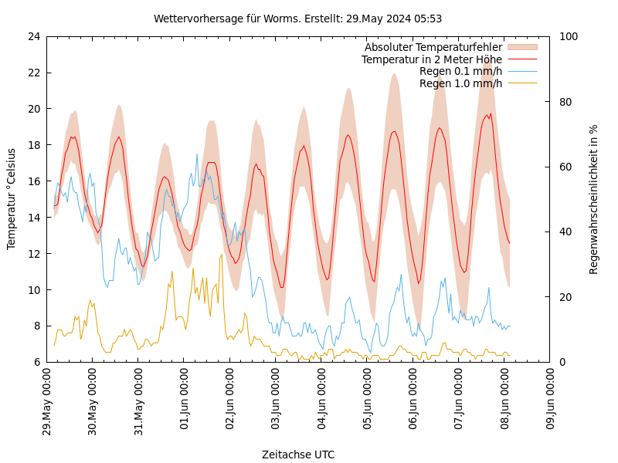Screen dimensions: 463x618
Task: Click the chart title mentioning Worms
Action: (x=297, y=19)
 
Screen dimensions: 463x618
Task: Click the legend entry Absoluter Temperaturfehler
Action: (x=433, y=48)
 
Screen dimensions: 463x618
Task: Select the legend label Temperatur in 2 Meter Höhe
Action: (x=432, y=59)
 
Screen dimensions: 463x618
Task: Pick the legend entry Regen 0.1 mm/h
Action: (x=460, y=71)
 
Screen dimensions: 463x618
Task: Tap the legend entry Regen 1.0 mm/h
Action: (x=460, y=83)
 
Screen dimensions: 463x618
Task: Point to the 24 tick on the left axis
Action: (x=32, y=36)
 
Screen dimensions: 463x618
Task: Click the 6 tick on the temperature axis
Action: (x=36, y=362)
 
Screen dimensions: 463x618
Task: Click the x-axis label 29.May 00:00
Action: (x=47, y=402)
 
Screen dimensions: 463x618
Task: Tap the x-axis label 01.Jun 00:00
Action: (x=185, y=402)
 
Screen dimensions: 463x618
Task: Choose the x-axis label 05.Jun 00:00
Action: (x=368, y=402)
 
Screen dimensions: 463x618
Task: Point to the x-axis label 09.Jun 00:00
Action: (x=551, y=402)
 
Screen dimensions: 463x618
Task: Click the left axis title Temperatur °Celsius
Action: (x=12, y=199)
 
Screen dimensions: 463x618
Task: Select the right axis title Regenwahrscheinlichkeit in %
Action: (x=594, y=199)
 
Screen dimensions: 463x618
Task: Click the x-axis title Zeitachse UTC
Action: (x=298, y=455)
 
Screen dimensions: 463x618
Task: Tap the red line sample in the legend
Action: (x=521, y=59)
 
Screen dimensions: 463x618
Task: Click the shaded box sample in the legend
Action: (x=521, y=48)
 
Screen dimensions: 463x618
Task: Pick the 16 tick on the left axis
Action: (x=32, y=181)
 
